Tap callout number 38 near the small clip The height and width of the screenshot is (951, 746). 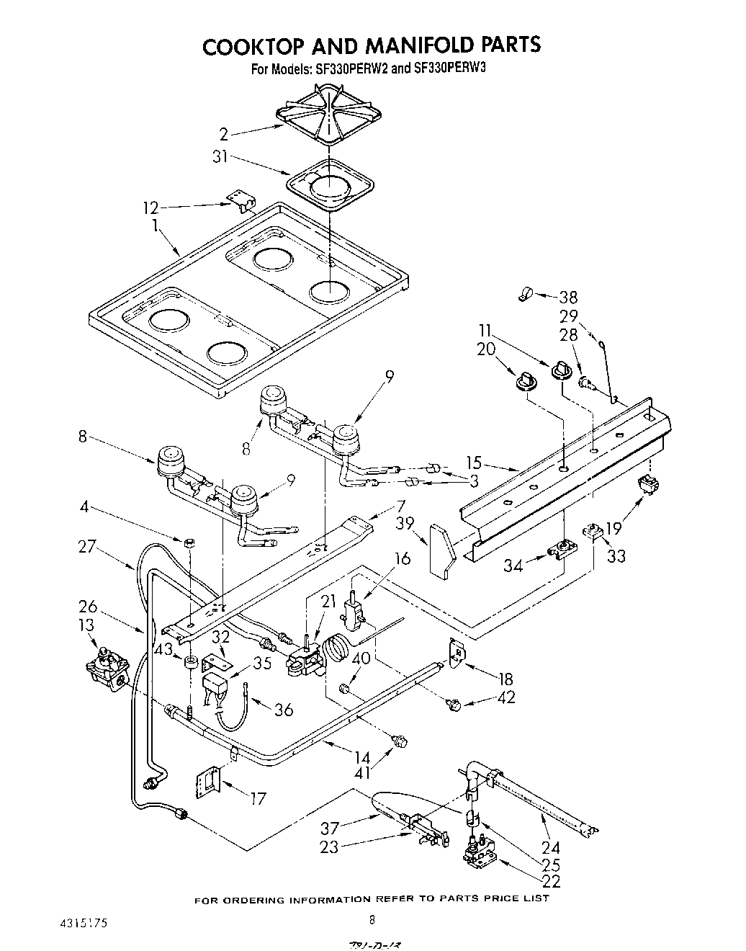pos(569,297)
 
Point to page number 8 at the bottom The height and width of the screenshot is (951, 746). pos(372,919)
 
